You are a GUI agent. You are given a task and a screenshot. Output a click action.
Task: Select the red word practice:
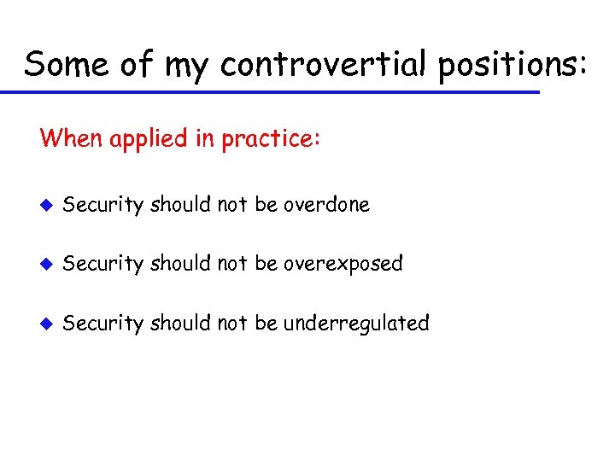272,138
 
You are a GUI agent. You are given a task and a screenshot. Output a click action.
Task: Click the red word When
71,137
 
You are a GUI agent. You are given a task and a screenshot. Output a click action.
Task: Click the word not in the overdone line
232,205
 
